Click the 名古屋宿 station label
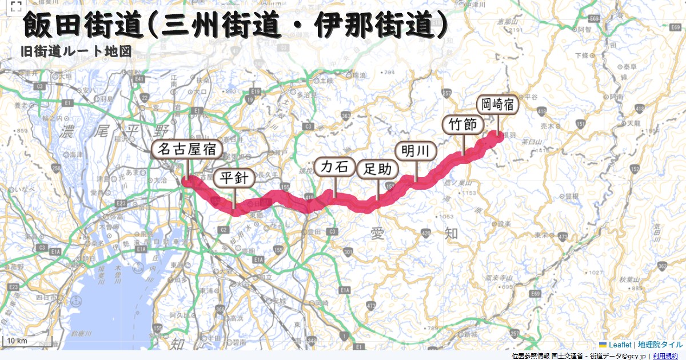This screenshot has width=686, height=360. coord(187,150)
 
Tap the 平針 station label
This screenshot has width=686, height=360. coord(234,178)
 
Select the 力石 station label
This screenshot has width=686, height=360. coord(334,167)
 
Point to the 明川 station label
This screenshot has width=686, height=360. coord(416,151)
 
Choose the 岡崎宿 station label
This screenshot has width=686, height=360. coord(497,104)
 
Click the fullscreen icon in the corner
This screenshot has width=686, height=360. coord(16,7)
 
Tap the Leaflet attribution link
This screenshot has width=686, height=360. coord(619,345)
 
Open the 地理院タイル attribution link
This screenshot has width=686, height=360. coord(660,345)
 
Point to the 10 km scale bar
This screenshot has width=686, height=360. coord(27,341)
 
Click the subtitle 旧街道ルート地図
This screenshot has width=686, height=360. coord(75,51)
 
